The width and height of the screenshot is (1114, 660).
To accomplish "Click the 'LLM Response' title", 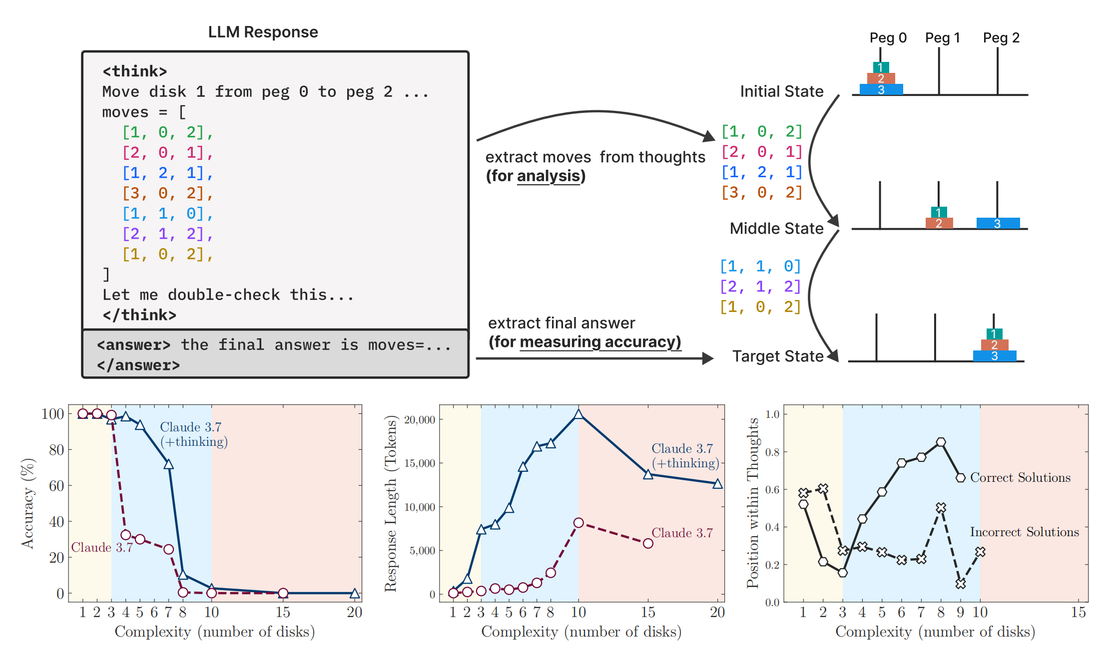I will [263, 32].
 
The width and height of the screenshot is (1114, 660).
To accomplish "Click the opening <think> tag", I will [134, 71].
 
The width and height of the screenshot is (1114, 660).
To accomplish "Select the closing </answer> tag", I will [138, 365].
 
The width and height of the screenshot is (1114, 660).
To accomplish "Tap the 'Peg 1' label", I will [942, 38].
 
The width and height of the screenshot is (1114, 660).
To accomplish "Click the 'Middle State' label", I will [776, 229].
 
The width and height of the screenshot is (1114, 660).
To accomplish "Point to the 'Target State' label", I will [778, 356].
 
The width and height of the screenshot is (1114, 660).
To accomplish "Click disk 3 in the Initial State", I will [881, 90].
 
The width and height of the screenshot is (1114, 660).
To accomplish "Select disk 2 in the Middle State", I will [939, 223].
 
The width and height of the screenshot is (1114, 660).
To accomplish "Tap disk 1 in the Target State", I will [994, 333].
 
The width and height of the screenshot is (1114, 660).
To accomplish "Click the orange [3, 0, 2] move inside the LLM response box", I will [167, 193].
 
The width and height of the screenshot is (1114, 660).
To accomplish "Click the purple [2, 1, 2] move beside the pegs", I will [760, 287].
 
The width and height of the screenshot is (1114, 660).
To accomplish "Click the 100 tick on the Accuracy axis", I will [53, 414].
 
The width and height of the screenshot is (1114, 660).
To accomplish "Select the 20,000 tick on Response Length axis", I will [420, 420].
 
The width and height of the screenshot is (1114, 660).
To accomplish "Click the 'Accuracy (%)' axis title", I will [28, 503].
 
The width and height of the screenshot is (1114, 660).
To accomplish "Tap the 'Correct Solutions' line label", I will [1020, 478].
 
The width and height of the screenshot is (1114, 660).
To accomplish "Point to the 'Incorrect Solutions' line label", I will [1024, 532].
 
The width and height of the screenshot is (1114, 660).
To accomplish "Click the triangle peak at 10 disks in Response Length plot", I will [578, 414].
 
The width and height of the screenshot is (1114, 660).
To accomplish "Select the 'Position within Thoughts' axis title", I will [752, 503].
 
